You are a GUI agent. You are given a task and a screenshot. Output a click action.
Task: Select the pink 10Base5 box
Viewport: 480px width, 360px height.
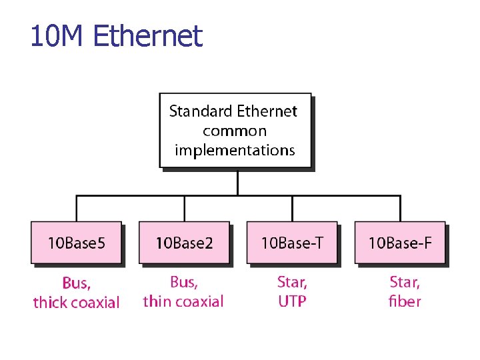coord(76,242)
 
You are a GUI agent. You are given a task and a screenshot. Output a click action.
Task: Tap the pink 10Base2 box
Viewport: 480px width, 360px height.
coord(184,242)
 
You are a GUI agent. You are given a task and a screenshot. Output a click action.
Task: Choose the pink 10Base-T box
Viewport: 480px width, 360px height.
coord(292,242)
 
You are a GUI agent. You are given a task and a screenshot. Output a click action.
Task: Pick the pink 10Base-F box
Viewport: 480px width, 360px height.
coord(400,242)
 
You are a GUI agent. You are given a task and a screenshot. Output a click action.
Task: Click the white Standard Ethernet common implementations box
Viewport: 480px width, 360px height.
coord(235,130)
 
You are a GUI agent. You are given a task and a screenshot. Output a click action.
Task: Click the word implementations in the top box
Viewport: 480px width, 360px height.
coord(235,150)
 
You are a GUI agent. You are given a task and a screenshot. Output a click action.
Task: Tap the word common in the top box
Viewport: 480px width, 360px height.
coord(235,131)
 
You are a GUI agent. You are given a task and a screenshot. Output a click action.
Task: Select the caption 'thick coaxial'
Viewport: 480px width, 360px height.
coord(76,303)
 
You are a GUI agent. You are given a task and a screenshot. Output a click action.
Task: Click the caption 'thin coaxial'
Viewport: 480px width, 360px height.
coord(183,301)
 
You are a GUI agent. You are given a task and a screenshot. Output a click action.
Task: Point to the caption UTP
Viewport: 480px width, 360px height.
coord(292,301)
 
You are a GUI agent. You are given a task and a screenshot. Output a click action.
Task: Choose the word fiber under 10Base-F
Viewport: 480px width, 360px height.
coord(404,301)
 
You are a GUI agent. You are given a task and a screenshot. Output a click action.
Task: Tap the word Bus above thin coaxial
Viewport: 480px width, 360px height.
coord(183,282)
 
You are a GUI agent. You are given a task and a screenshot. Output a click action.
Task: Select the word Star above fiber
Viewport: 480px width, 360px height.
coord(404,282)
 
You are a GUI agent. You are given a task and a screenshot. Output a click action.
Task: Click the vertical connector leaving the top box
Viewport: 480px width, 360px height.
coord(238,182)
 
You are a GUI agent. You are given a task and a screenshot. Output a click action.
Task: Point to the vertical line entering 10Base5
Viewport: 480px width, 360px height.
coord(77,208)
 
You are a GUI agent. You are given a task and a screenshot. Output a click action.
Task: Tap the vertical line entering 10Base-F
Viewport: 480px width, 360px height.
coord(400,208)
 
